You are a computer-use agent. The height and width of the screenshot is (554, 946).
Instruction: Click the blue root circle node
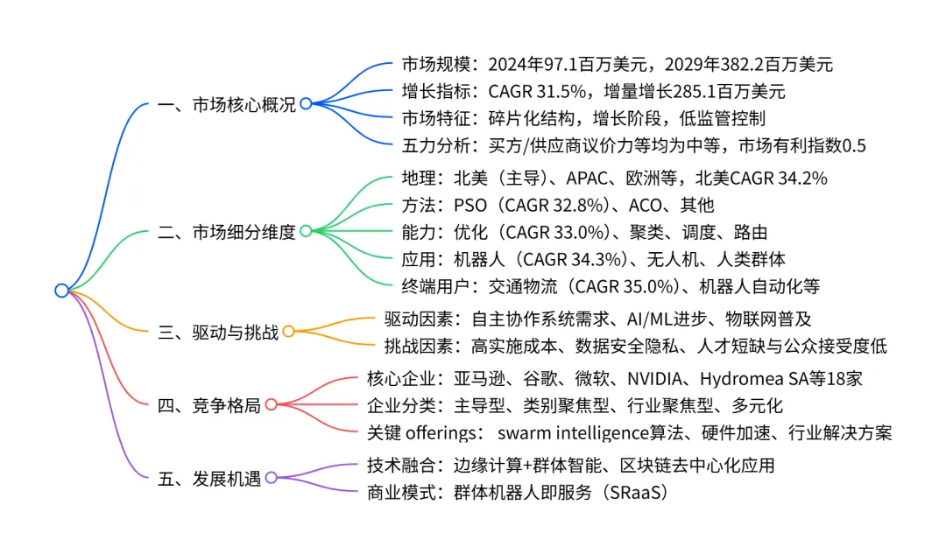tap(61, 291)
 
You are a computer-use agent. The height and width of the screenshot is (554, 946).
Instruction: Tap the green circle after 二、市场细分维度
tap(306, 231)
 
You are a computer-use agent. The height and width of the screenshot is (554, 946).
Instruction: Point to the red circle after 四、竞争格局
tap(272, 404)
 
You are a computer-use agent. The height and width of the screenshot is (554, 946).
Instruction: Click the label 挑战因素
tap(418, 347)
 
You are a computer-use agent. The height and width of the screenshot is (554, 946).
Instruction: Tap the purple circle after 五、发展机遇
tap(272, 478)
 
